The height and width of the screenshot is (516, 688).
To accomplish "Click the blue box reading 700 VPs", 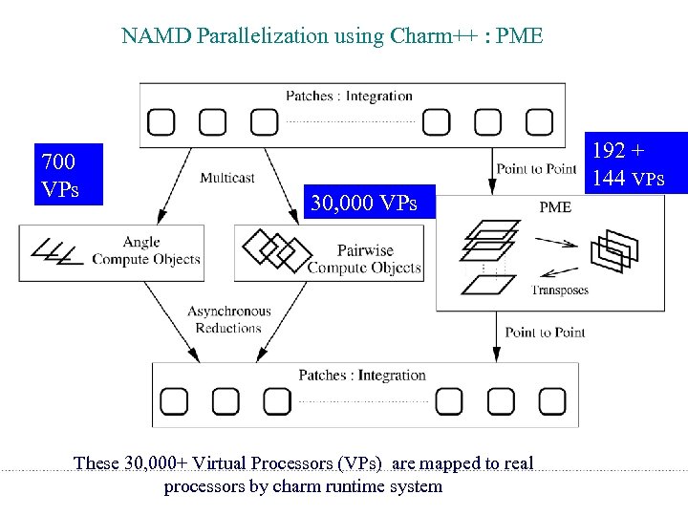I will [x=66, y=175].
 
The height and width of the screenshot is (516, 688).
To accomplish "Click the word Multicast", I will [x=227, y=178].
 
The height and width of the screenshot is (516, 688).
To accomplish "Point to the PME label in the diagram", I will [x=555, y=206].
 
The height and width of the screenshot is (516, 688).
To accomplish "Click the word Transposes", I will [x=559, y=290].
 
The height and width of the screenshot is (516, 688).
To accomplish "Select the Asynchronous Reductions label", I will [x=228, y=319].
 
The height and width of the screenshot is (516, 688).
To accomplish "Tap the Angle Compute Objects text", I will [x=145, y=250].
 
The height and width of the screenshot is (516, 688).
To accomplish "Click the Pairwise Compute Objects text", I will [x=364, y=260].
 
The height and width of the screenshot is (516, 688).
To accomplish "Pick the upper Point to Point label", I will [x=536, y=169].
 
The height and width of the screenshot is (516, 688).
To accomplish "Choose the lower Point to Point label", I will [x=545, y=332].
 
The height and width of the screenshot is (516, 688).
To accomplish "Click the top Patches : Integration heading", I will [x=349, y=96].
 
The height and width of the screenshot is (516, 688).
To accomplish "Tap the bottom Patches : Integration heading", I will [x=361, y=375].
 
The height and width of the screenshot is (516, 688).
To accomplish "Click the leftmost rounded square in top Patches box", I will [x=161, y=121].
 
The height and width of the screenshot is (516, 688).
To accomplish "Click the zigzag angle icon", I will [x=55, y=251].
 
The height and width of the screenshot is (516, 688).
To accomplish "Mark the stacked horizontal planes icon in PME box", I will [x=489, y=241].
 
